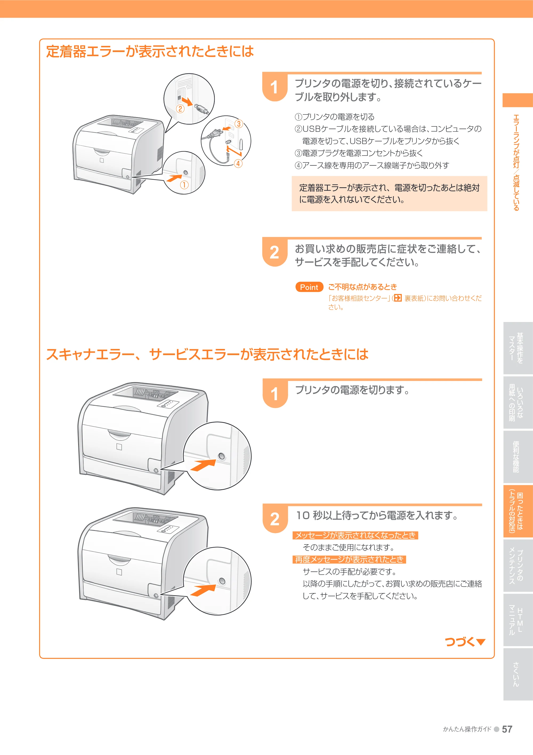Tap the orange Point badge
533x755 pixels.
pyautogui.click(x=309, y=287)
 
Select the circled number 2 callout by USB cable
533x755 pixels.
pyautogui.click(x=180, y=109)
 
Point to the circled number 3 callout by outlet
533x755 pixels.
pyautogui.click(x=239, y=124)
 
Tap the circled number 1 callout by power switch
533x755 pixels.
pyautogui.click(x=184, y=185)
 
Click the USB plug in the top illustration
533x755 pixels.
pyautogui.click(x=201, y=109)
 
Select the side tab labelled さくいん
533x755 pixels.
pyautogui.click(x=518, y=674)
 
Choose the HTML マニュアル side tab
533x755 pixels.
pyautogui.click(x=518, y=619)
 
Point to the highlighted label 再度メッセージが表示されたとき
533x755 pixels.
pyautogui.click(x=349, y=559)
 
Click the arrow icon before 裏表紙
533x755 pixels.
pyautogui.click(x=398, y=298)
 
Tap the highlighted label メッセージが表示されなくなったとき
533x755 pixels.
pyautogui.click(x=355, y=535)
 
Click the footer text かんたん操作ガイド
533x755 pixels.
pyautogui.click(x=467, y=729)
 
